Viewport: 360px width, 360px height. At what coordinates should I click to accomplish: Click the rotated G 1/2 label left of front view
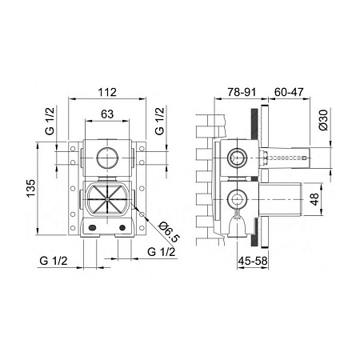pyautogui.click(x=50, y=124)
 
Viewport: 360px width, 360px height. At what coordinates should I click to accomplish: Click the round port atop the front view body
pyautogui.click(x=105, y=156)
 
